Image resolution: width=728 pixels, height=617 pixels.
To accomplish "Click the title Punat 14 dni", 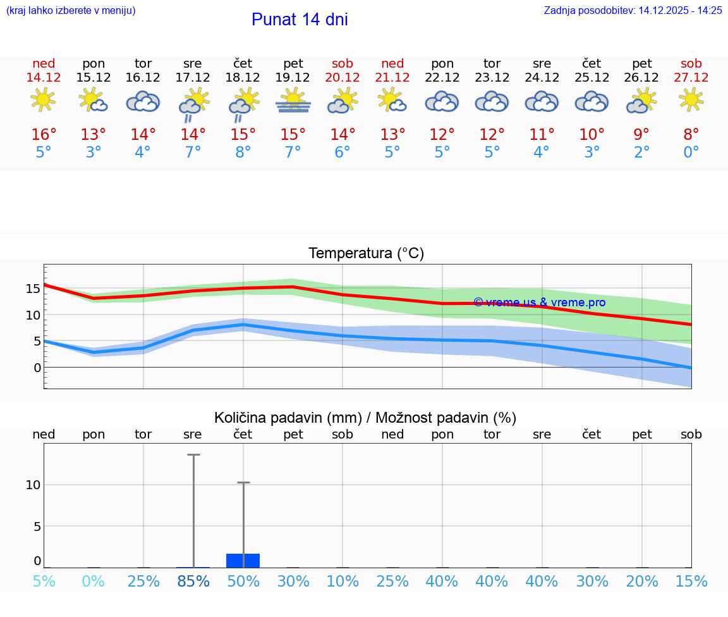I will coord(300,20).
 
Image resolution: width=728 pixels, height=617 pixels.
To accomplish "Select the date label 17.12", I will coord(193,77).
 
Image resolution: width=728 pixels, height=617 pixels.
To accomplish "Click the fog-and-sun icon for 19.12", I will coord(293,101).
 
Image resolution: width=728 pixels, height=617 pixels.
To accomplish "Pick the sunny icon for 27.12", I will coord(691,100).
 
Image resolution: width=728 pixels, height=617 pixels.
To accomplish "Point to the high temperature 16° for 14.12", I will coord(44,135).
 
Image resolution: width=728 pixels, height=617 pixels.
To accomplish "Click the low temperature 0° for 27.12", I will coord(691,153).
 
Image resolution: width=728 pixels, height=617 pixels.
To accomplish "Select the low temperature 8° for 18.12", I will coord(243,153).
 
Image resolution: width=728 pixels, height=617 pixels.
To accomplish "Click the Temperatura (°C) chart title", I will coord(367,254).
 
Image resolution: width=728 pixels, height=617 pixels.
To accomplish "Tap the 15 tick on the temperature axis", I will coord(33,289).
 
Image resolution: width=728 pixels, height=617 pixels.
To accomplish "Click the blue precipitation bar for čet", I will coord(243,560).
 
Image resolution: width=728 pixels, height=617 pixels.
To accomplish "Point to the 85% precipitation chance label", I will coord(193,581).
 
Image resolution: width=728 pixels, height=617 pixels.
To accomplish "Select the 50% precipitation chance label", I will coord(243,581).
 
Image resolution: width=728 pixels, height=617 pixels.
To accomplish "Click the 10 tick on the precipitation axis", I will coord(33,485).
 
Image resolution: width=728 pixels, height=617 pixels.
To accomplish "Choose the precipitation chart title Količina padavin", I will coord(365,418).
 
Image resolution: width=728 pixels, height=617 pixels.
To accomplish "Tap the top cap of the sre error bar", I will coord(193,454).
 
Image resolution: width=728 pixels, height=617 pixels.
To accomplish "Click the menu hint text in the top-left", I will coord(71,11).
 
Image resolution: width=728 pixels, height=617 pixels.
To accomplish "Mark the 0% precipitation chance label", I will coord(94,581).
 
